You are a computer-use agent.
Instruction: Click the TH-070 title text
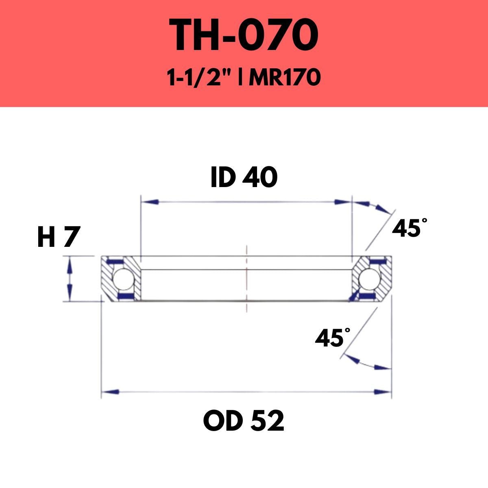click(244, 35)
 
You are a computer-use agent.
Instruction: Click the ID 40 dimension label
click(244, 178)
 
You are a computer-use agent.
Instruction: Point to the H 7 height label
click(57, 237)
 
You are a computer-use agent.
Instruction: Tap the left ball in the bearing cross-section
click(121, 279)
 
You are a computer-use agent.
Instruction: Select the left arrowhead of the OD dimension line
click(110, 392)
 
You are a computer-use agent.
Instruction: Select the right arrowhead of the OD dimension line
click(382, 392)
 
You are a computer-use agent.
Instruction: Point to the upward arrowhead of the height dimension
click(70, 265)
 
